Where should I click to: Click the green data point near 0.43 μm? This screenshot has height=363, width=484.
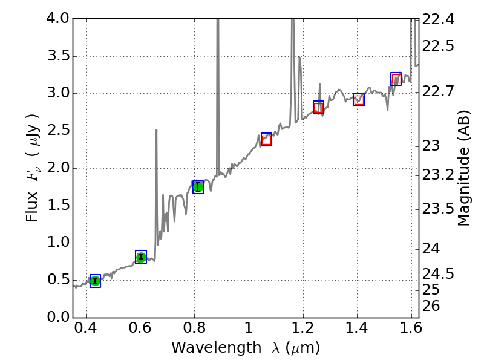[x=95, y=281]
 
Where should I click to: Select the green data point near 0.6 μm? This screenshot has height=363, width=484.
[x=141, y=257]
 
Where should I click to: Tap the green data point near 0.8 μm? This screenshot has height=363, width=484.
[x=198, y=187]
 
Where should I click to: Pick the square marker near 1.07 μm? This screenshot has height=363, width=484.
[x=266, y=140]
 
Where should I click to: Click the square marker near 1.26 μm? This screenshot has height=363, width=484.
[x=318, y=107]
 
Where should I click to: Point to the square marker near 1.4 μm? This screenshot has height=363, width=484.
[x=359, y=100]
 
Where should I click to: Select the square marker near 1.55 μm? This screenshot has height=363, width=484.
[x=396, y=79]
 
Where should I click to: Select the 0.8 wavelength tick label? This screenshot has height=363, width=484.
[x=194, y=330]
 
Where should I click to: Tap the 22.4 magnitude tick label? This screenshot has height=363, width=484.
[x=439, y=20]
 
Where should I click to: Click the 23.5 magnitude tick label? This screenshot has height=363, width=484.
[x=439, y=209]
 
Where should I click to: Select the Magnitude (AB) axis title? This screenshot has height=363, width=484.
[x=464, y=168]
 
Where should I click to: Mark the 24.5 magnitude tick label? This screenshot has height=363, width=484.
[x=439, y=274]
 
